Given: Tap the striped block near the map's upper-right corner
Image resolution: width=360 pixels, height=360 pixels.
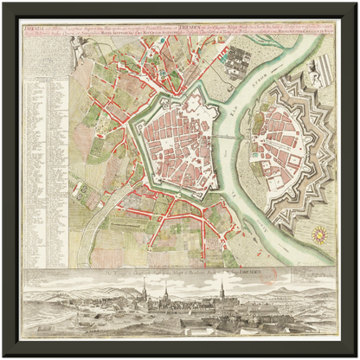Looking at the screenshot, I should [319, 65].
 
